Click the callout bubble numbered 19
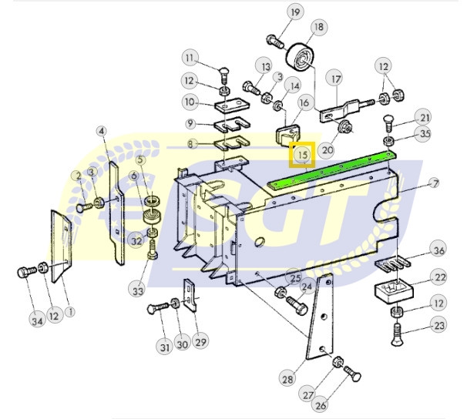pos(295,12)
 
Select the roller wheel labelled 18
pos(300,58)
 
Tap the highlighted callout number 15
pos(302,155)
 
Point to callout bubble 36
pos(439,250)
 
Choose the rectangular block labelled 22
pos(394,290)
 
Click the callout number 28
pos(287,379)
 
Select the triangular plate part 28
pos(320,317)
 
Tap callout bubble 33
pos(138,290)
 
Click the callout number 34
pos(37,320)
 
